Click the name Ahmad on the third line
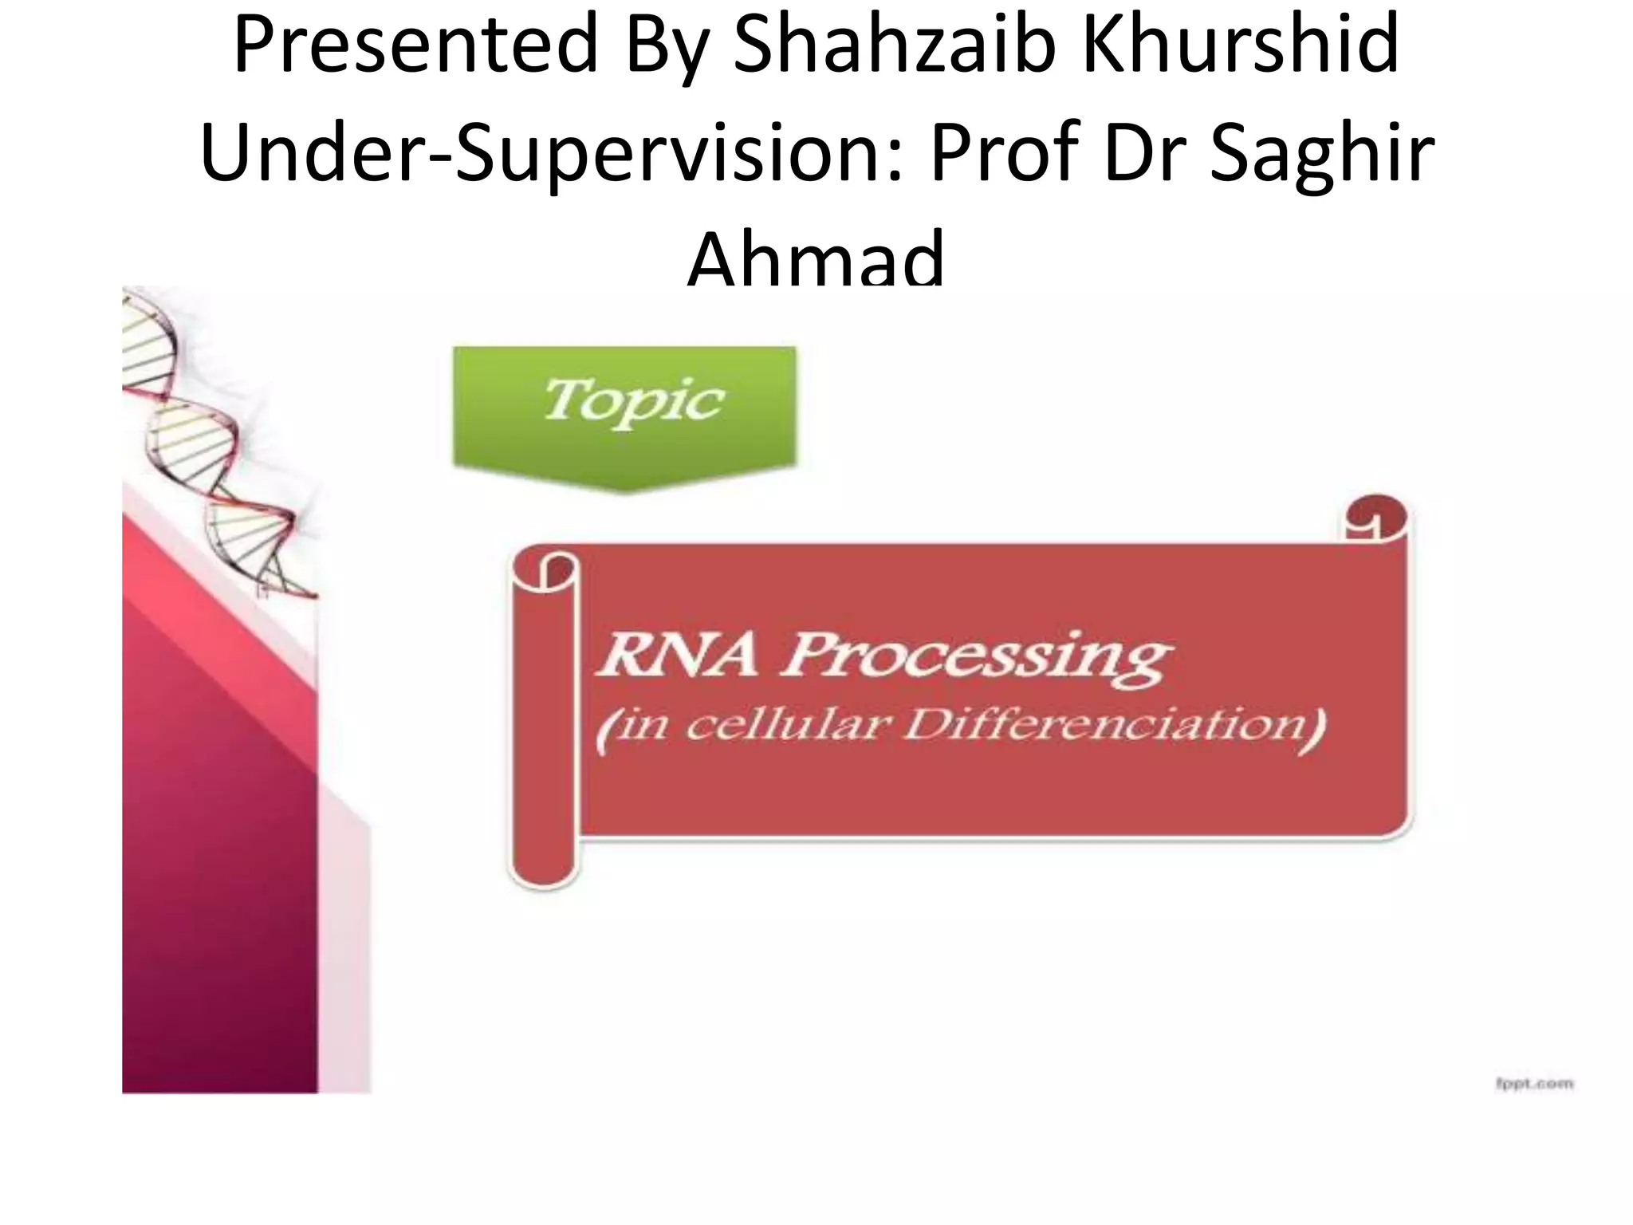(x=816, y=259)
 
